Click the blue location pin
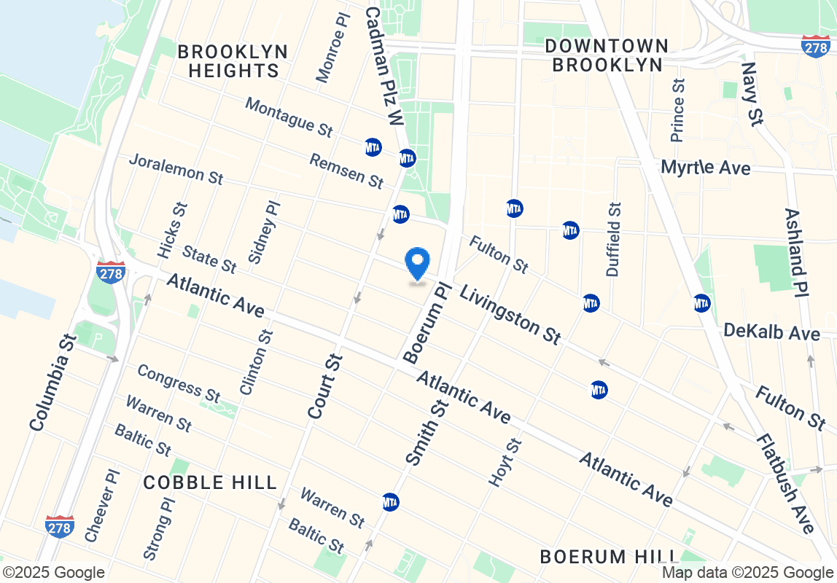pos(417,264)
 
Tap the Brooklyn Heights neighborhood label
pos(233,61)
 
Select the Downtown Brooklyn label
pos(607,55)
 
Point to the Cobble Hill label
pos(210,482)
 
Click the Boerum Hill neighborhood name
pos(594,557)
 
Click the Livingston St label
pos(510,314)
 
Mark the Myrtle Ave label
pos(705,168)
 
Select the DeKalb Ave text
pos(772,332)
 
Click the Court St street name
pos(325,386)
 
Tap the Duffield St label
pos(615,239)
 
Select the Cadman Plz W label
pos(384,66)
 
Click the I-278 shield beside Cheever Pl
pos(59,526)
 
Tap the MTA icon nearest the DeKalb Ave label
pos(701,302)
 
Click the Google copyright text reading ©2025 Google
pos(53,573)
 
